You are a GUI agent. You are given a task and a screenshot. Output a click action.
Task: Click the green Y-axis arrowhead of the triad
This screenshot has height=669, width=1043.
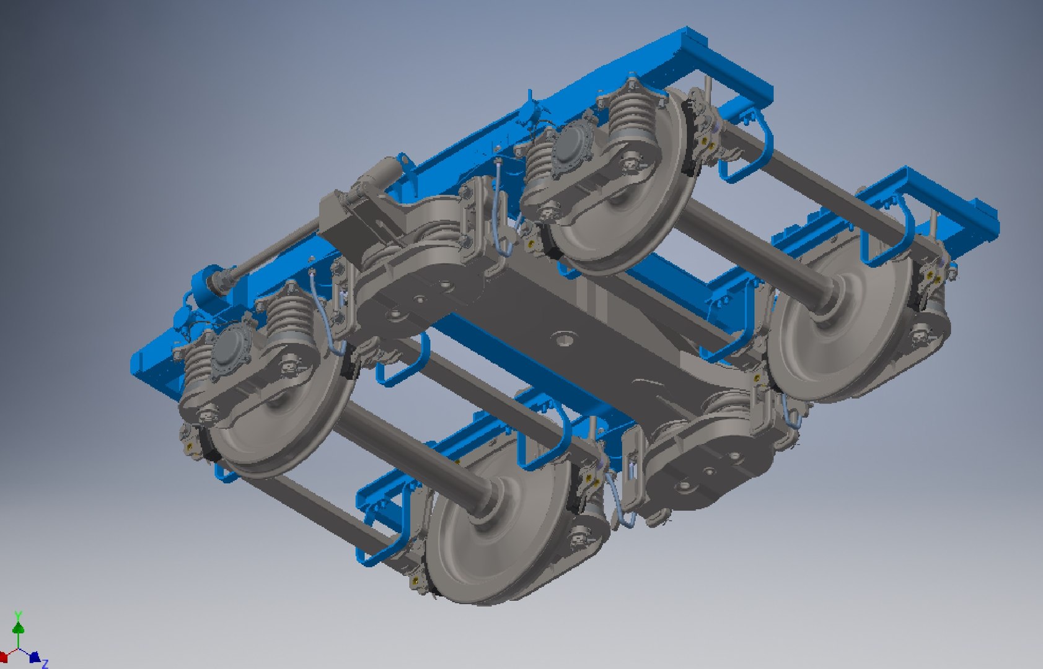click(x=19, y=628)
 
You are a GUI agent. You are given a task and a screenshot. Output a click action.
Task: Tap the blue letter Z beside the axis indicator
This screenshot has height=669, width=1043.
click(x=45, y=664)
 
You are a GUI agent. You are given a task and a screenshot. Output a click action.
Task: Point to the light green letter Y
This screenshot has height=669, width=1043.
click(x=19, y=615)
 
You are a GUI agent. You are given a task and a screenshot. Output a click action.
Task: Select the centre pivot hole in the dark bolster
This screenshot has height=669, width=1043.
click(x=565, y=338)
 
